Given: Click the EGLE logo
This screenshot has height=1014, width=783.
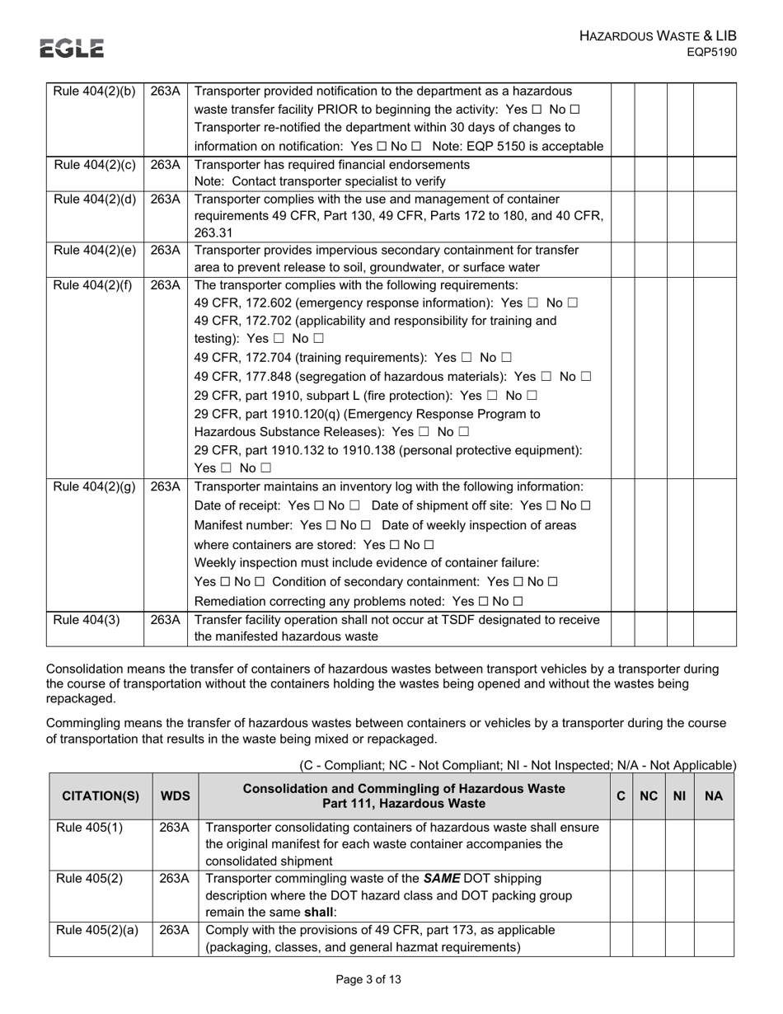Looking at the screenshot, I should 73,49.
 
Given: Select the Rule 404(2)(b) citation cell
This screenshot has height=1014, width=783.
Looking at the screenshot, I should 94,92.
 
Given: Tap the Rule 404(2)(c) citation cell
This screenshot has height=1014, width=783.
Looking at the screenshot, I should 94,164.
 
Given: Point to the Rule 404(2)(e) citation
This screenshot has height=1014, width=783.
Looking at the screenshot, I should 94,250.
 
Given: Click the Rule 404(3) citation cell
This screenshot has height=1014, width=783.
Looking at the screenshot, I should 87,619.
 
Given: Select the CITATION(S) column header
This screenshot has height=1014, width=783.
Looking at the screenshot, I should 101,796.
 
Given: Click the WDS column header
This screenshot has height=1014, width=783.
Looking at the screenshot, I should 175,796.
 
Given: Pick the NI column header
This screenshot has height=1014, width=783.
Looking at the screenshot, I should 680,796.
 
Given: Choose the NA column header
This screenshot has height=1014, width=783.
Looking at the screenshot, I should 714,796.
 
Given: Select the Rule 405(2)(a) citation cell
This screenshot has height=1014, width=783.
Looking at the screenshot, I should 96,930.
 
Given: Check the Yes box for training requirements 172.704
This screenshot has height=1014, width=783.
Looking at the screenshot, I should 467,358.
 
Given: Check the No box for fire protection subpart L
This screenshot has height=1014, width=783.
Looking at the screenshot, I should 532,396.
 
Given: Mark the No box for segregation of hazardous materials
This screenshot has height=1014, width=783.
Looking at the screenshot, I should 586,377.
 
